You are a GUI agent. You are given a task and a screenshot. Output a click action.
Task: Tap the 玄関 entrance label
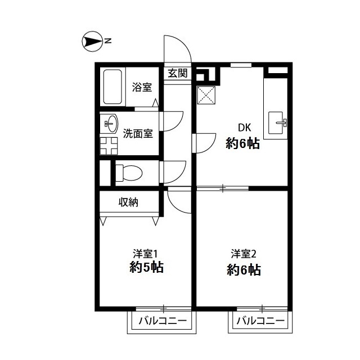tap(177, 74)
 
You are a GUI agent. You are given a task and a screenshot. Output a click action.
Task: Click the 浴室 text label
tap(142, 87)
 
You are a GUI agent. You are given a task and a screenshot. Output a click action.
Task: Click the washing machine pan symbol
tap(109, 145)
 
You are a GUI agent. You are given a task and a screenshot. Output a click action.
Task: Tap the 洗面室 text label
tap(138, 134)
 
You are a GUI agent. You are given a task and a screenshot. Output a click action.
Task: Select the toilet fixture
tap(127, 172)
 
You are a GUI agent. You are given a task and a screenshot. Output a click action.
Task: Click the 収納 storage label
tap(129, 202)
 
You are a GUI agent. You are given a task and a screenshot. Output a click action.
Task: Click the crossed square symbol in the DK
tap(206, 96)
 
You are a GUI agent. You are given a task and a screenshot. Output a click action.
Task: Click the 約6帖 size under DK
tap(242, 143)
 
